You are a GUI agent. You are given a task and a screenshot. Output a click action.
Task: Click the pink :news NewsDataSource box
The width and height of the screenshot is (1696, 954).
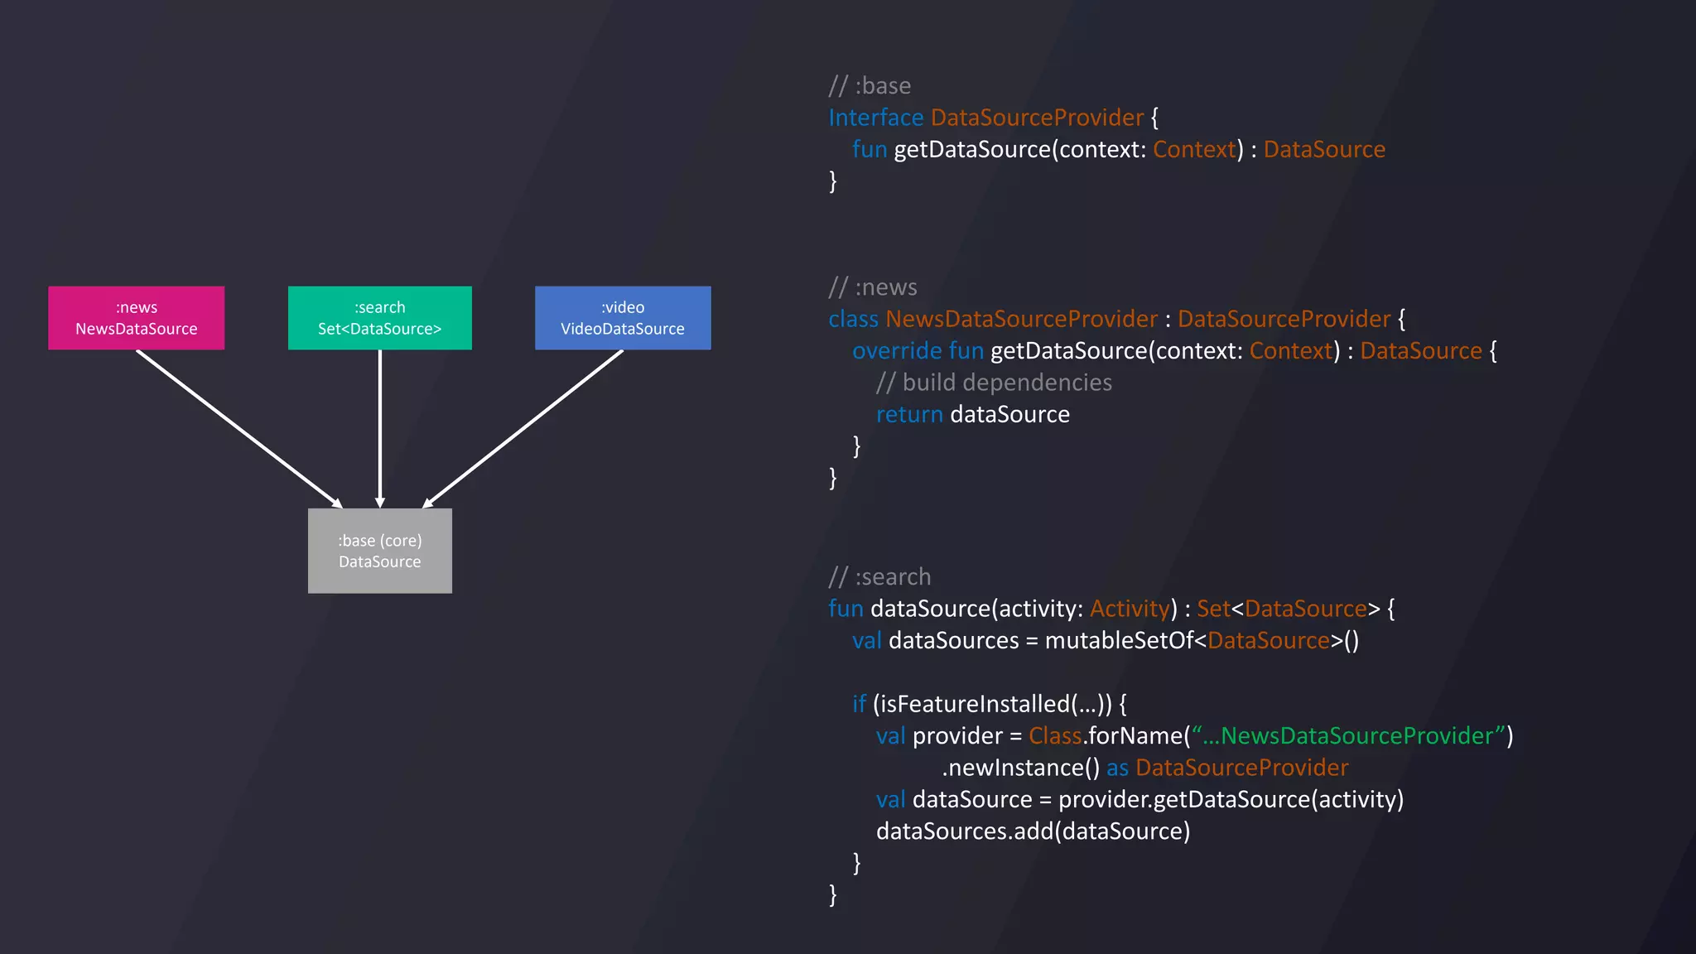(137, 318)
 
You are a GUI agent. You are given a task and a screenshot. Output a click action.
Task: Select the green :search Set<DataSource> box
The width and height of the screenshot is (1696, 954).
(380, 318)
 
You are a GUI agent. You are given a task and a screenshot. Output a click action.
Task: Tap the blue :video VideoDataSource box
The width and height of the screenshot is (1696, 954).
(623, 318)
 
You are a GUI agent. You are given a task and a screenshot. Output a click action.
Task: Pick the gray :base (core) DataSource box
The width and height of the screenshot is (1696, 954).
(380, 551)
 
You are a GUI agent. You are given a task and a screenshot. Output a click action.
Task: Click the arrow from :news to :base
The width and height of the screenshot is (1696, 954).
(238, 428)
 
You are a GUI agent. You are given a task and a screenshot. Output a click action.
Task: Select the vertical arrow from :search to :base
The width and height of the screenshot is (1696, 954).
(380, 428)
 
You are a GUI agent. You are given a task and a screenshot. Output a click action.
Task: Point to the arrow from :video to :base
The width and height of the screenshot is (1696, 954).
(523, 428)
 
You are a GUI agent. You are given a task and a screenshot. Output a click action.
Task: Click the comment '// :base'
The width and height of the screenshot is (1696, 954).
(870, 86)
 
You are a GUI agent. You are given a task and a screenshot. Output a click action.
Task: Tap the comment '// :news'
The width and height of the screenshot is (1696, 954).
(873, 287)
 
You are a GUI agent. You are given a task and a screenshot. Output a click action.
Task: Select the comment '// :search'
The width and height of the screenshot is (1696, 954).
(879, 577)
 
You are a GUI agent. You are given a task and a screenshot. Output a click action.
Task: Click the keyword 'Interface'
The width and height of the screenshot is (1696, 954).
(876, 118)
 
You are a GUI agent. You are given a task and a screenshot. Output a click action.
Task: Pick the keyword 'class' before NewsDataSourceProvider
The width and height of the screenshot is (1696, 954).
(853, 319)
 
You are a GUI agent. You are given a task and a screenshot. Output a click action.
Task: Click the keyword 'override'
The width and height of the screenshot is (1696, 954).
(897, 351)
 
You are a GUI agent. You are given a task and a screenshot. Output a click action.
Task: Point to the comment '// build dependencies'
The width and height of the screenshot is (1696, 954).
(994, 383)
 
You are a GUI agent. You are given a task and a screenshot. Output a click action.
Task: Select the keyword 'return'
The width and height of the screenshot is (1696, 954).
(909, 414)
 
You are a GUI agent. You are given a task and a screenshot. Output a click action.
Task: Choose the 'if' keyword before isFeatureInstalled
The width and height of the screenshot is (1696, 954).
(859, 704)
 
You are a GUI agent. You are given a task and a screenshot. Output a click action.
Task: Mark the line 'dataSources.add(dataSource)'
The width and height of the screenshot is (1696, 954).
(1033, 831)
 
